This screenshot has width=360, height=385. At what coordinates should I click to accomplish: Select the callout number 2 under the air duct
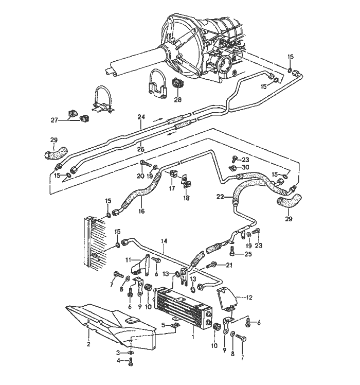point(88,343)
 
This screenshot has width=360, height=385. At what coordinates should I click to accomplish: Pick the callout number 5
point(164,325)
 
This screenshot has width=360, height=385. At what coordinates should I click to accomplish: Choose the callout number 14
point(165,241)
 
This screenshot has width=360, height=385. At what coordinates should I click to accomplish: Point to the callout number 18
point(187,197)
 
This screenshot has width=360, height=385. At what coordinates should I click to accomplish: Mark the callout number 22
point(221,196)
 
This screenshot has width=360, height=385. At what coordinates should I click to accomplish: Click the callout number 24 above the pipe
point(140,117)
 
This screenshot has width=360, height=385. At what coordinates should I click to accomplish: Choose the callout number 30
point(245,168)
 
